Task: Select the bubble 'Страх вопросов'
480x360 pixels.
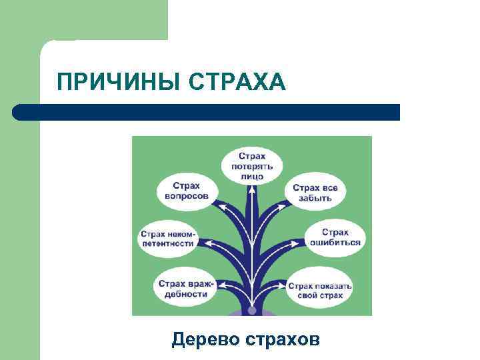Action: tap(187, 191)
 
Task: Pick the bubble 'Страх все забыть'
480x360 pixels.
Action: tap(315, 193)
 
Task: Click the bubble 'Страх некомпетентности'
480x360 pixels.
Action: tap(167, 239)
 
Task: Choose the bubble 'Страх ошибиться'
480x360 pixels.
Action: tap(335, 237)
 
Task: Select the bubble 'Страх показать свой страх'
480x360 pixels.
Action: tap(320, 290)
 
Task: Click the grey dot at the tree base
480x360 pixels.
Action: tap(252, 310)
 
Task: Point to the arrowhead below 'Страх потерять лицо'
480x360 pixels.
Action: tap(252, 189)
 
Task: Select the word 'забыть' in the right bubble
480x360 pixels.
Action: tap(315, 198)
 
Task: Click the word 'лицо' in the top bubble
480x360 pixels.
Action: tap(251, 176)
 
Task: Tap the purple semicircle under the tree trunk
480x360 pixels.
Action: tap(252, 313)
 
